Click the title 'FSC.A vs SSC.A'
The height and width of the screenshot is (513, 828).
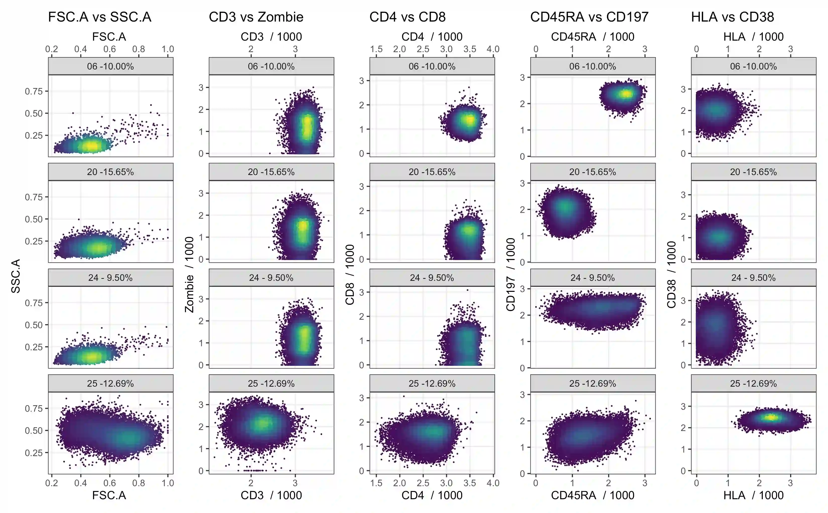click(99, 17)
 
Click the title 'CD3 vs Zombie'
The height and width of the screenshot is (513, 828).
click(256, 17)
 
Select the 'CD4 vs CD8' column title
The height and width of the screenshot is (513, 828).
click(407, 17)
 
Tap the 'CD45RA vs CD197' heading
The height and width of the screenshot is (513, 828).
click(589, 17)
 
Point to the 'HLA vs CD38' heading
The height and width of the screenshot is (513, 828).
click(733, 17)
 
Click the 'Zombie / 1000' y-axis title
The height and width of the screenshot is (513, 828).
click(189, 274)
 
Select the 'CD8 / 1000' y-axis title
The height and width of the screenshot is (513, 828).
click(350, 274)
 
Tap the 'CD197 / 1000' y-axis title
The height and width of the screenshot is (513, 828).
click(511, 274)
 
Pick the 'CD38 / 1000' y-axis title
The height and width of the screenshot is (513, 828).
click(671, 274)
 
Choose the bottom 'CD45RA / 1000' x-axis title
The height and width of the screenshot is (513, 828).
click(592, 495)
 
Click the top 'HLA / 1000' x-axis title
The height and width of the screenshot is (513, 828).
click(753, 37)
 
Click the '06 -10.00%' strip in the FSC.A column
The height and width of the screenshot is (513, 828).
click(110, 66)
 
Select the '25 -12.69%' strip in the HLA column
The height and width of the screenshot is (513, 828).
click(753, 383)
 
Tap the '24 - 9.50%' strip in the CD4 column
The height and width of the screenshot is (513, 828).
click(432, 278)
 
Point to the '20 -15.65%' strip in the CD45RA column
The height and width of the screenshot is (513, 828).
click(592, 172)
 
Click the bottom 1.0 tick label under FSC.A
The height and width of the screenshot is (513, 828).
click(168, 483)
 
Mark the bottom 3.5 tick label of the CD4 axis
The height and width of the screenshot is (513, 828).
click(469, 483)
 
